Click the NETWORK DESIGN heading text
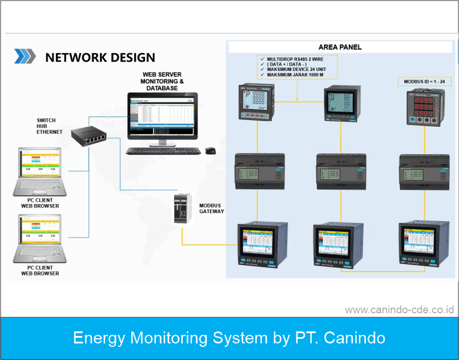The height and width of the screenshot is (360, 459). (x=100, y=57)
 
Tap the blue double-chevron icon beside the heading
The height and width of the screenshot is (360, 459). (x=25, y=56)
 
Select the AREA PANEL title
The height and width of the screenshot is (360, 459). (x=340, y=47)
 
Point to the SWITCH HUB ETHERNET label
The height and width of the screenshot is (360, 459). (x=50, y=126)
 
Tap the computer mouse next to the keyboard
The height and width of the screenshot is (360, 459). (x=210, y=150)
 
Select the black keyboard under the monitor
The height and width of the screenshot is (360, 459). (x=163, y=151)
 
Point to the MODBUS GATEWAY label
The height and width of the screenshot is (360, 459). (x=211, y=208)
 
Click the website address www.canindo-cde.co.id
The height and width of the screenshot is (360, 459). (x=399, y=310)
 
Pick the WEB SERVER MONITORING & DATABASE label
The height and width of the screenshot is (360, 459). (x=162, y=81)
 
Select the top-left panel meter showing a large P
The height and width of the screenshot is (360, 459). (x=255, y=102)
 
